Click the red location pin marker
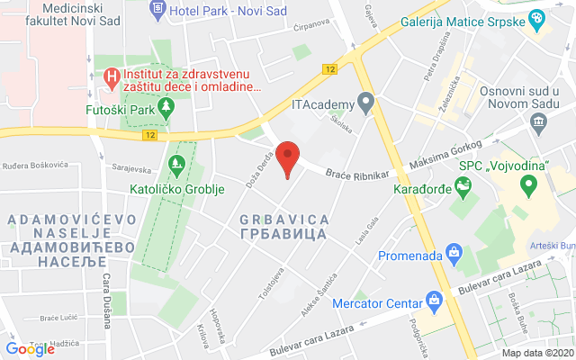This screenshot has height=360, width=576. tap(287, 157)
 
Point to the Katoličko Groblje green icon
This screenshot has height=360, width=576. tap(176, 165)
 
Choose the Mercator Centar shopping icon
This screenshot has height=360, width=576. tap(434, 299)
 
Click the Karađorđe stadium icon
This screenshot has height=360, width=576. tap(463, 187)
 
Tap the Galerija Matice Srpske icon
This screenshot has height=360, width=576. tap(536, 18)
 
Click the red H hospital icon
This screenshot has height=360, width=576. tap(112, 76)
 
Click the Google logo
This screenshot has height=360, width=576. tap(30, 348)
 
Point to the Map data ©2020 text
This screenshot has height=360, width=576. tap(537, 353)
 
